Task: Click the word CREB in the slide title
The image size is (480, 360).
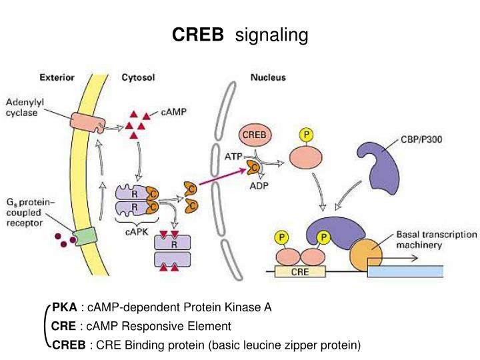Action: (198, 35)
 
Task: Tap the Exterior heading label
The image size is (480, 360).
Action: (75, 78)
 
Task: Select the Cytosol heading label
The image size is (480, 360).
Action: (138, 78)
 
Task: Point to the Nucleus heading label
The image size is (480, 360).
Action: (268, 78)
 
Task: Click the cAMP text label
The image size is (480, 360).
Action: (173, 113)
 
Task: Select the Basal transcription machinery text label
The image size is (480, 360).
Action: (436, 240)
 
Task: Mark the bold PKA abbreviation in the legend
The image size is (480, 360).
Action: (65, 307)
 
